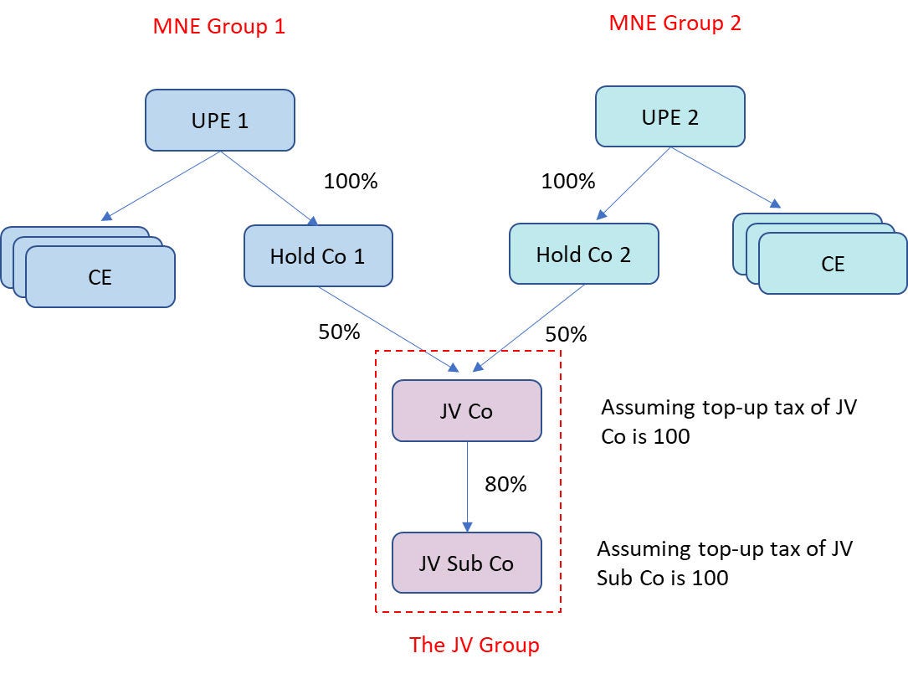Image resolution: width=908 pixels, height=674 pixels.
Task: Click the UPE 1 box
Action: [x=219, y=121]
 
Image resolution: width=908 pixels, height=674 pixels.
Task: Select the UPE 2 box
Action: [x=669, y=116]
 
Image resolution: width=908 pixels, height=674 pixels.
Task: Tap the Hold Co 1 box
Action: [x=318, y=255]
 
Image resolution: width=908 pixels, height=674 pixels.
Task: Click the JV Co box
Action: [x=466, y=410]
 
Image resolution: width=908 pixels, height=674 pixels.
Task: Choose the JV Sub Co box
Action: [x=466, y=563]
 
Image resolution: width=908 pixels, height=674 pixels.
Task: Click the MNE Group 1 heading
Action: [x=219, y=26]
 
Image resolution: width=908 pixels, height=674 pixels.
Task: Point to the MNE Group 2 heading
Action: [x=675, y=23]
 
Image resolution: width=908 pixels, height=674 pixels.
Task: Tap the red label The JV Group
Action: [x=475, y=645]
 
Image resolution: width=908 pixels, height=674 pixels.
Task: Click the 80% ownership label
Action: [x=505, y=484]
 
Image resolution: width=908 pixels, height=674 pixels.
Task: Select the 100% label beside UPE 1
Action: [x=350, y=181]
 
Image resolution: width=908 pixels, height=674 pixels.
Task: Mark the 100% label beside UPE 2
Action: [x=568, y=181]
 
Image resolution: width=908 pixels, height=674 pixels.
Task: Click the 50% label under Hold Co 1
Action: [x=339, y=332]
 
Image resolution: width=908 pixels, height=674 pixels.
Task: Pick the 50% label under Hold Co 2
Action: [x=566, y=334]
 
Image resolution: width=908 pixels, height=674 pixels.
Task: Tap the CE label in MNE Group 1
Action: [x=100, y=277]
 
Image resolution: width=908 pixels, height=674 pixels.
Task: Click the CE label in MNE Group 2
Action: [x=833, y=264]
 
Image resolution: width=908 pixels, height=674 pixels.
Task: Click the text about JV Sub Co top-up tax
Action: [x=724, y=563]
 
